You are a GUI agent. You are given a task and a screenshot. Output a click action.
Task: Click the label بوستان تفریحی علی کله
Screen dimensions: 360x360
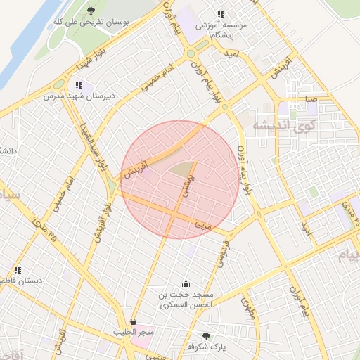(91, 22)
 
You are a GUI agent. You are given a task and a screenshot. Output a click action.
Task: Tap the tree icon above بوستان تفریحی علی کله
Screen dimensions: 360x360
(91, 11)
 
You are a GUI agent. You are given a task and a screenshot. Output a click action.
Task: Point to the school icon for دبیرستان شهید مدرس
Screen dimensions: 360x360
(79, 86)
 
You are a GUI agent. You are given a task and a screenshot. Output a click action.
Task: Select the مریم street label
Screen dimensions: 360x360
(202, 226)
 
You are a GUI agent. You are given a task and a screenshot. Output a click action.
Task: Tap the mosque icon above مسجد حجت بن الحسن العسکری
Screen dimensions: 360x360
(186, 283)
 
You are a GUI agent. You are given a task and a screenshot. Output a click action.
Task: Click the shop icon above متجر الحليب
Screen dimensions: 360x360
(133, 321)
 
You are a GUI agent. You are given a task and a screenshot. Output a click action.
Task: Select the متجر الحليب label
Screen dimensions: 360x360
(133, 331)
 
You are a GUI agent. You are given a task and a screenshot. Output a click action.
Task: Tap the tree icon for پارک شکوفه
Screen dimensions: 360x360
(206, 336)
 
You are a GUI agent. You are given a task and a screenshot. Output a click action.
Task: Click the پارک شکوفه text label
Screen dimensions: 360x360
(206, 347)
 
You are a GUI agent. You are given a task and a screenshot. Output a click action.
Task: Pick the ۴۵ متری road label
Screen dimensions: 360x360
(43, 228)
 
